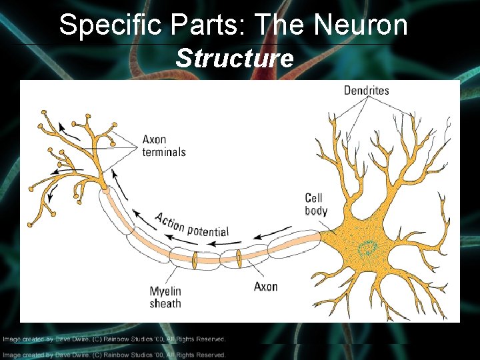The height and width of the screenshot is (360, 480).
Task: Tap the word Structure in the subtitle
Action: (234, 59)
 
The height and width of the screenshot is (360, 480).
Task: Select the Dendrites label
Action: (366, 90)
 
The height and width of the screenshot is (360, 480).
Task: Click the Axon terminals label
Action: (163, 145)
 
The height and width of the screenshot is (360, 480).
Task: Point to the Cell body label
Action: (316, 204)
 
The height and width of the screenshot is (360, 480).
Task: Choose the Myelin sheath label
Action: (165, 297)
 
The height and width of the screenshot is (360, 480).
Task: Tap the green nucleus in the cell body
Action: (366, 249)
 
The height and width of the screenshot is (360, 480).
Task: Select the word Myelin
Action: (165, 291)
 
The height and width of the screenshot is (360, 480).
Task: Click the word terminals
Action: (164, 151)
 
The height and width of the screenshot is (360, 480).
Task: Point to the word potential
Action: (207, 231)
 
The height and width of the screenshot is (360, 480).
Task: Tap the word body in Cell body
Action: (316, 210)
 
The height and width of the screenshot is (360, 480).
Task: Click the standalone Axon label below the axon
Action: (265, 286)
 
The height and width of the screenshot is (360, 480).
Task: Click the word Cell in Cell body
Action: (313, 198)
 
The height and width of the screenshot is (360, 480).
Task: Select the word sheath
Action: (165, 303)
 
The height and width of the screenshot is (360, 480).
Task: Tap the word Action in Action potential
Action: (169, 222)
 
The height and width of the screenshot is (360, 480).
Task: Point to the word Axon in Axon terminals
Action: (154, 139)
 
